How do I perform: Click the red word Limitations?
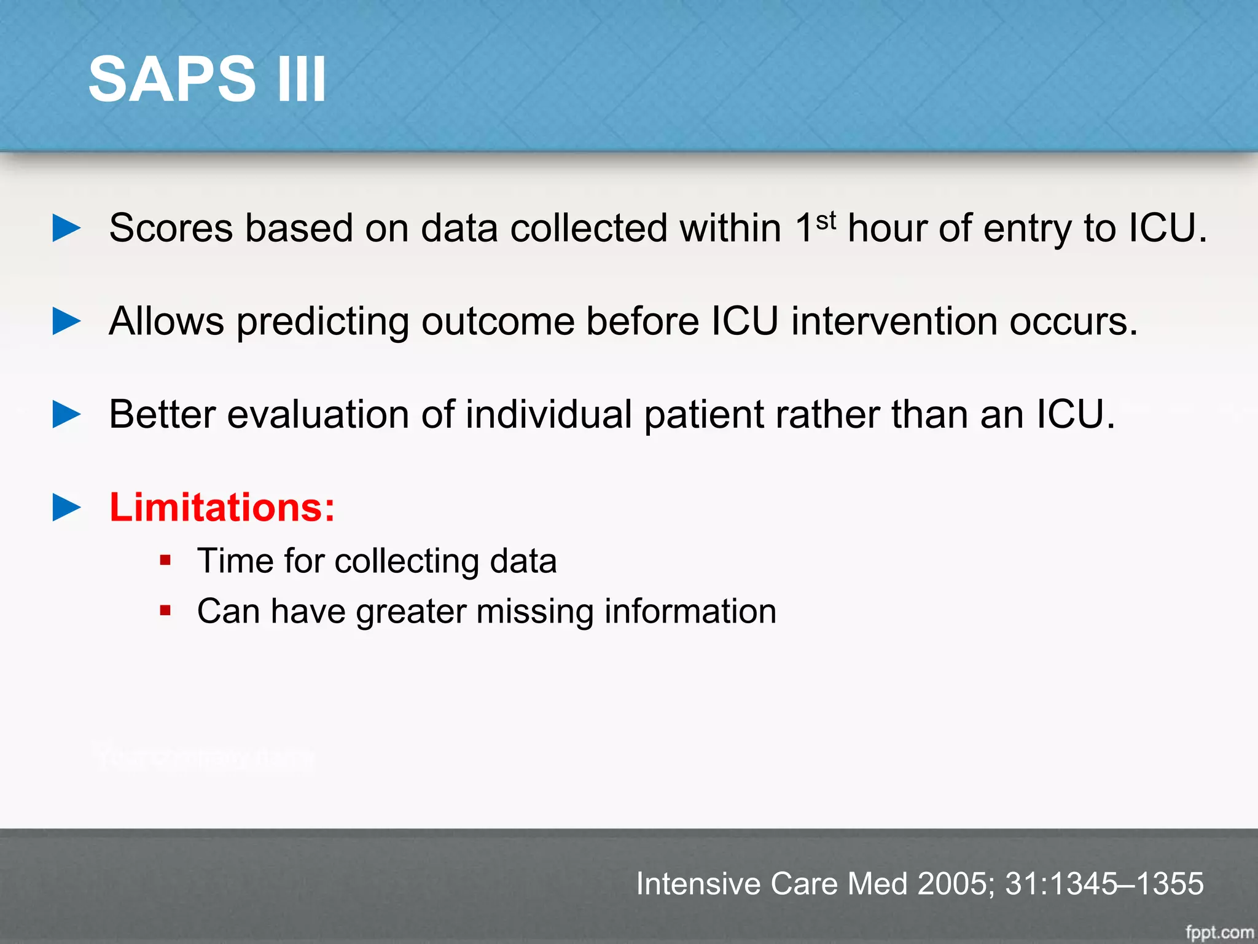(222, 508)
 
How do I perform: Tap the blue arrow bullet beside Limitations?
(66, 508)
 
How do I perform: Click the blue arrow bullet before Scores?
(66, 228)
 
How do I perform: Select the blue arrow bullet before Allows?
(66, 321)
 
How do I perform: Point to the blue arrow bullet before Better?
(66, 414)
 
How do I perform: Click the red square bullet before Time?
(165, 560)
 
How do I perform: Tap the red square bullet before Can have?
(165, 611)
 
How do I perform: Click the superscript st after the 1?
(826, 220)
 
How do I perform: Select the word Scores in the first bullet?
(171, 229)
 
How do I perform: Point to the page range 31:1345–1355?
(1104, 884)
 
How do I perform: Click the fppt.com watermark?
(1219, 932)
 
